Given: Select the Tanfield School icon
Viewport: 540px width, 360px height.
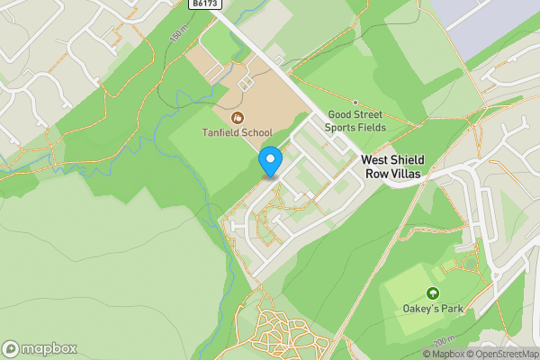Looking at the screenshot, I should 237,118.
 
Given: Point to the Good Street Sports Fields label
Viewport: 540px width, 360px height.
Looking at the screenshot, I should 355,121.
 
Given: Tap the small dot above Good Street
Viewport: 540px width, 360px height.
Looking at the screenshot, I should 355,103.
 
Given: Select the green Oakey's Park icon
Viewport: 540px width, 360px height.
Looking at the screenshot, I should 433,293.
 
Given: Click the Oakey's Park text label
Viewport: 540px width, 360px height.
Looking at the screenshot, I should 433,310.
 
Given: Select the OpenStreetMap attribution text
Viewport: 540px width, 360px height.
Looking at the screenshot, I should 502,354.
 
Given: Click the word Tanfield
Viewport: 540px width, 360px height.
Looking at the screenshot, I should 221,133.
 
